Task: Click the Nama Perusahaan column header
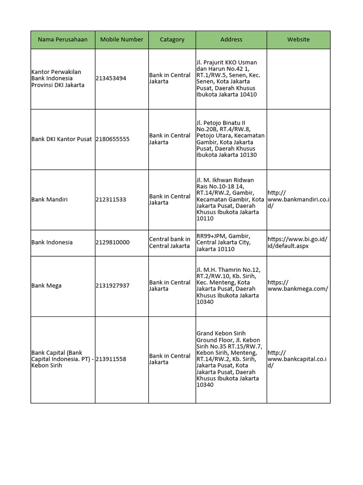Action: pyautogui.click(x=63, y=40)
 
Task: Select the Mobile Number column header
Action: pyautogui.click(x=121, y=40)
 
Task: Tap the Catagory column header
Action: pyautogui.click(x=172, y=40)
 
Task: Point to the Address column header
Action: pyautogui.click(x=231, y=40)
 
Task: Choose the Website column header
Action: pyautogui.click(x=298, y=40)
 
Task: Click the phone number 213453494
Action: pyautogui.click(x=111, y=79)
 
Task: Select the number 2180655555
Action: pyautogui.click(x=112, y=139)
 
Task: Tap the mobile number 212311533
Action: pyautogui.click(x=111, y=200)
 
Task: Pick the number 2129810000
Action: pyautogui.click(x=112, y=242)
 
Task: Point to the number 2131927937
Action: pyautogui.click(x=112, y=286)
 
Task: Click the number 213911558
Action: pyautogui.click(x=111, y=359)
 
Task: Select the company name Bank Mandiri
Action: pyautogui.click(x=49, y=200)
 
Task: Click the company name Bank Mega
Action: pyautogui.click(x=46, y=286)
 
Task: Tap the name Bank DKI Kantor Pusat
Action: pyautogui.click(x=61, y=139)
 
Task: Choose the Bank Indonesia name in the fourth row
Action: pyautogui.click(x=52, y=242)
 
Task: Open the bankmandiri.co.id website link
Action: pyautogui.click(x=298, y=199)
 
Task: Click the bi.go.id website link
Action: pyautogui.click(x=297, y=242)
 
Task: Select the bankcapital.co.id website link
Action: pyautogui.click(x=297, y=359)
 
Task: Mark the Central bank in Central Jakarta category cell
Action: pyautogui.click(x=170, y=242)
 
